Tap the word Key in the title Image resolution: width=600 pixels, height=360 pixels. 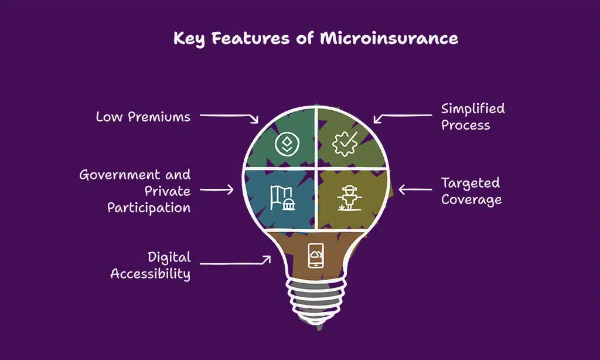189,39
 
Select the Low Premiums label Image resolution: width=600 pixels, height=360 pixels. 143,117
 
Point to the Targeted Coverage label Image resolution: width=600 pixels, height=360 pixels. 471,191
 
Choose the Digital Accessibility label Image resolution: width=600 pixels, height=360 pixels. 151,266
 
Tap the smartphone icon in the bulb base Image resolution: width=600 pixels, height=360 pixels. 316,256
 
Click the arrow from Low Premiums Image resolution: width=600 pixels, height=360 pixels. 230,117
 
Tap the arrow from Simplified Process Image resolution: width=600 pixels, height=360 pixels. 394,115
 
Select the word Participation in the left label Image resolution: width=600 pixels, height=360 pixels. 149,208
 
